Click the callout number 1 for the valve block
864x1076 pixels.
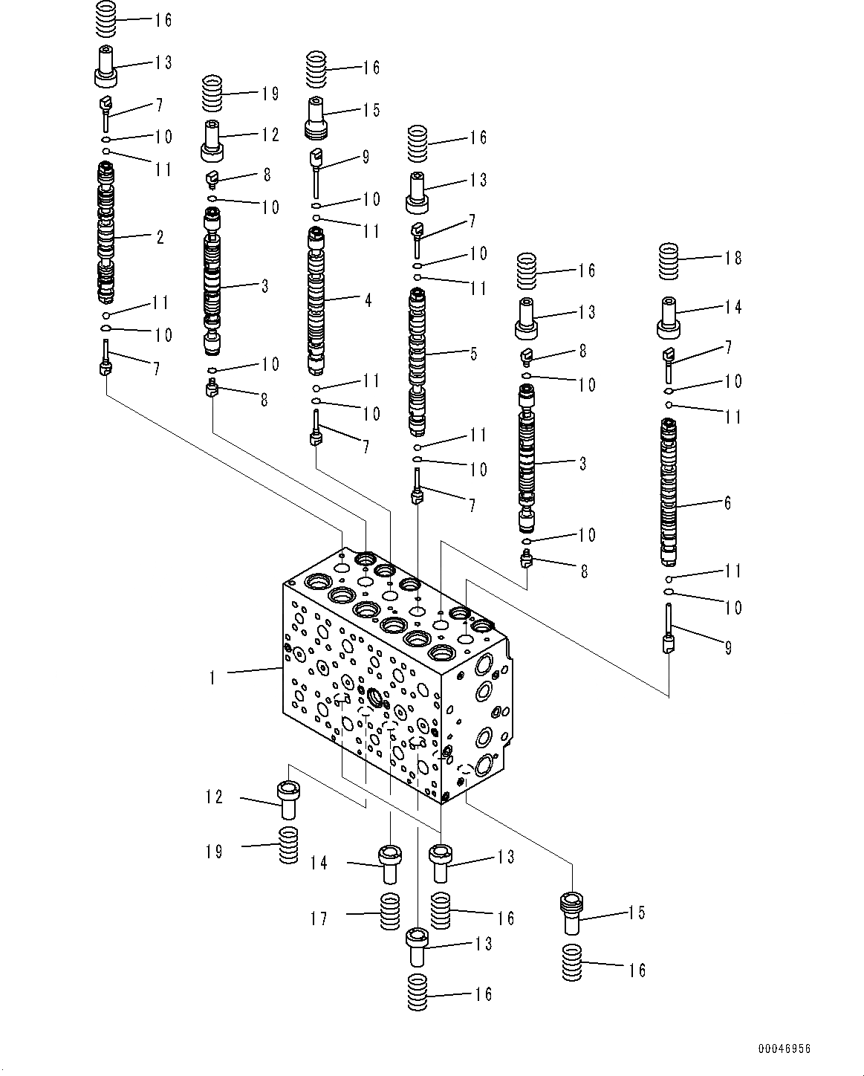tap(212, 678)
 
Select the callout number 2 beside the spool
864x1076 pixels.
tap(159, 237)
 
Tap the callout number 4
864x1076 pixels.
tap(367, 300)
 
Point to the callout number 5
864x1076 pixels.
tap(473, 354)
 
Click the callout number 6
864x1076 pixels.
tap(727, 503)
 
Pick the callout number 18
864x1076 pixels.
tap(733, 258)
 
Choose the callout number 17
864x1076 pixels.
tap(319, 919)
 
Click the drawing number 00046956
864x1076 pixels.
tap(784, 1049)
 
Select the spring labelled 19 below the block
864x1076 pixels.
tap(288, 845)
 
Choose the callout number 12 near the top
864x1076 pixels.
tap(270, 134)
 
